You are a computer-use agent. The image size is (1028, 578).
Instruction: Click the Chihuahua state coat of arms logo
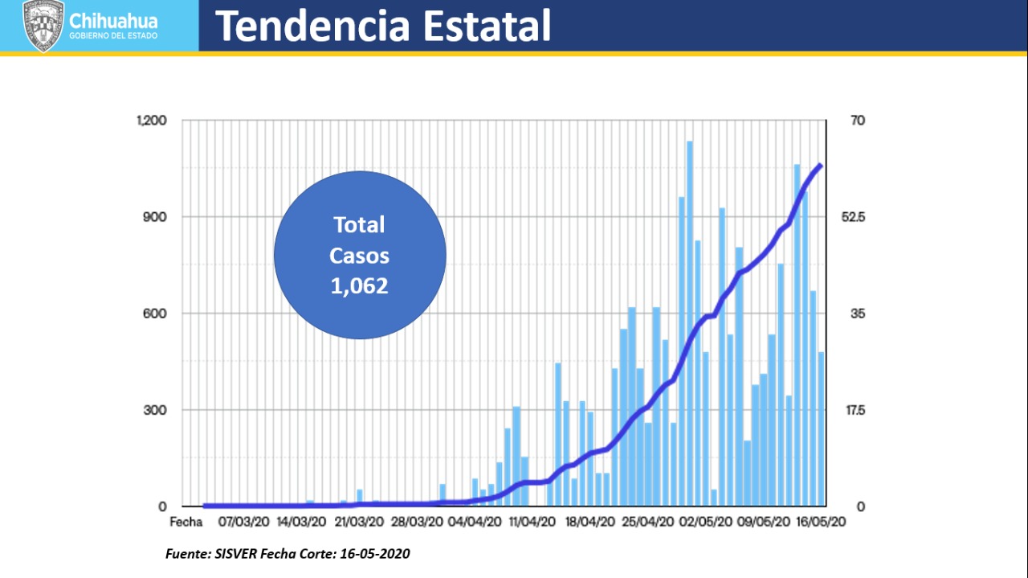(x=43, y=26)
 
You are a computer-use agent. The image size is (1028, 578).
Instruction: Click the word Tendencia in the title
(x=314, y=26)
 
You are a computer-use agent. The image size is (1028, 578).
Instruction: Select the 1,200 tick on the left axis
(x=151, y=121)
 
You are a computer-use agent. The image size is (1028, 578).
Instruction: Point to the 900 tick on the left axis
(x=155, y=217)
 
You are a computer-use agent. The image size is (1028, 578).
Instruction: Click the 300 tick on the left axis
(x=155, y=410)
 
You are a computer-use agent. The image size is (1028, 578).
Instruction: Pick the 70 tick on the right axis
(x=858, y=121)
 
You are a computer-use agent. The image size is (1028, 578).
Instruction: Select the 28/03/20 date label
(x=417, y=522)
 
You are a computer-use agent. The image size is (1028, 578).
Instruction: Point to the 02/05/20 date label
(x=704, y=522)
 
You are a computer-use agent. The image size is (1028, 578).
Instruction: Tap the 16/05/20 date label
(x=819, y=522)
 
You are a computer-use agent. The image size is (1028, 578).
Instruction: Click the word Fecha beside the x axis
(x=186, y=522)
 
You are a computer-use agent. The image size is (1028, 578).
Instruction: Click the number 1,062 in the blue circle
(x=360, y=285)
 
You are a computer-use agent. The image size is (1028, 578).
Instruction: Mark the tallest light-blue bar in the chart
(x=690, y=322)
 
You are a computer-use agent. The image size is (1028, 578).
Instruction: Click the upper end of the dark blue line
(x=820, y=165)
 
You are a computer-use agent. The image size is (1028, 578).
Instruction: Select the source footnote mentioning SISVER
(x=288, y=554)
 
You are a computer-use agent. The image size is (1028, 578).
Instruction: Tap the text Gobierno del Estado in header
(x=114, y=36)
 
